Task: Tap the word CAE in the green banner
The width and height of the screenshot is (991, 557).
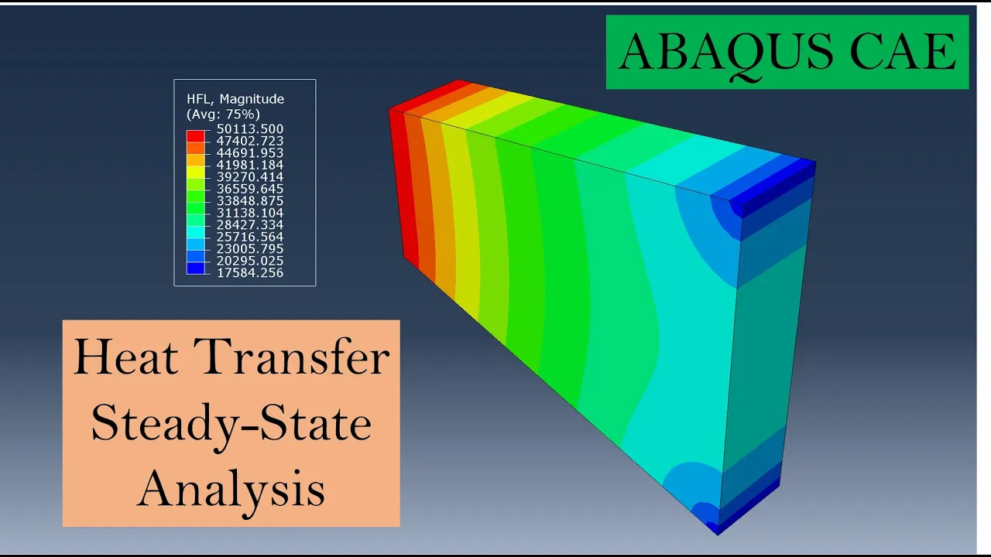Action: (904, 51)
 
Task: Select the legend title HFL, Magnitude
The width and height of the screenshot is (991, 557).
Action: (235, 100)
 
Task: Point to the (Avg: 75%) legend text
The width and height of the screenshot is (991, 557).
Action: (223, 114)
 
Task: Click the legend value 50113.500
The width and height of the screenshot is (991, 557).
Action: (250, 129)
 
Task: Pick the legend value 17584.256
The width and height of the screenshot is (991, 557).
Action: (250, 273)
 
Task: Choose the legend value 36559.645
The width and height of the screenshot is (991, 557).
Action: (250, 189)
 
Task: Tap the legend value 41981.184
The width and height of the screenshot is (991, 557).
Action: (250, 165)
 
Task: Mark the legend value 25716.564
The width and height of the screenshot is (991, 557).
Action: (250, 237)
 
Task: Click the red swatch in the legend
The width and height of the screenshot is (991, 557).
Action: (196, 136)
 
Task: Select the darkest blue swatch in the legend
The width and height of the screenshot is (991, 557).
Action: (196, 268)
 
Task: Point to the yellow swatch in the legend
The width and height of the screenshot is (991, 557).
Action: (196, 173)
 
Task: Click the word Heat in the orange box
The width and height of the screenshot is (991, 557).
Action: (126, 357)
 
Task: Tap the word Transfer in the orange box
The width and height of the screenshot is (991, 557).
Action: (292, 356)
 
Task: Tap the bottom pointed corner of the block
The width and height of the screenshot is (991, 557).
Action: (718, 535)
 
